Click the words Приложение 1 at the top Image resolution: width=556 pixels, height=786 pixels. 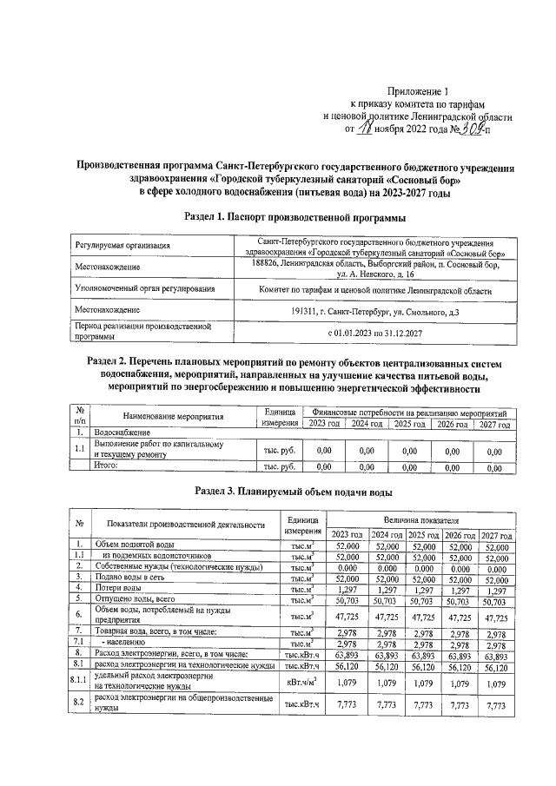420,89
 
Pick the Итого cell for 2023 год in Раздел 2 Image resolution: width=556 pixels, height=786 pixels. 323,466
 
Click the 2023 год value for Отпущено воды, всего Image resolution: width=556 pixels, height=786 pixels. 346,599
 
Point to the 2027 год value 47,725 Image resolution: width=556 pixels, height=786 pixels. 494,615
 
